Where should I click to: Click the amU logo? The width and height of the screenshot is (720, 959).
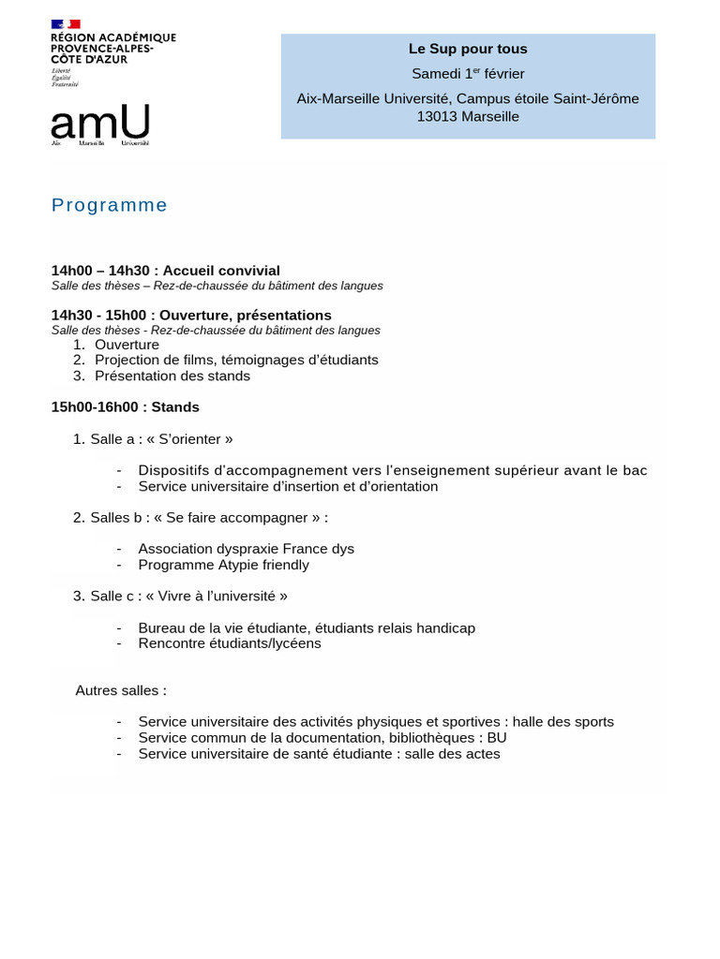coord(99,124)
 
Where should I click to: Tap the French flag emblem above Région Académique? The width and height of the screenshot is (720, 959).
coord(66,23)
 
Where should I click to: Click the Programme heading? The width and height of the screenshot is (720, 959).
coord(110,205)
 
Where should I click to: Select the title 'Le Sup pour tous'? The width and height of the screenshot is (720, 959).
coord(468,49)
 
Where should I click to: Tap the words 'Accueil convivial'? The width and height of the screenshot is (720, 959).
coord(221,271)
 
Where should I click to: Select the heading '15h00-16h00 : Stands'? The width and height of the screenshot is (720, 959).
coord(126,407)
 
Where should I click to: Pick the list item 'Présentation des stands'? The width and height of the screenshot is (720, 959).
coord(172,376)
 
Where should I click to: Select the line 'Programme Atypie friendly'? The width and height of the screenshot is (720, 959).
coord(223,565)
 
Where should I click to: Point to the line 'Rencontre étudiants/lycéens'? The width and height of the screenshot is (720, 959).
coord(230,643)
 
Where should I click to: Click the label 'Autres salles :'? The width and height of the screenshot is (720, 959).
coord(121,690)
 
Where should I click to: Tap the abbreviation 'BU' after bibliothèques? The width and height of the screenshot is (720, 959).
coord(497,738)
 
